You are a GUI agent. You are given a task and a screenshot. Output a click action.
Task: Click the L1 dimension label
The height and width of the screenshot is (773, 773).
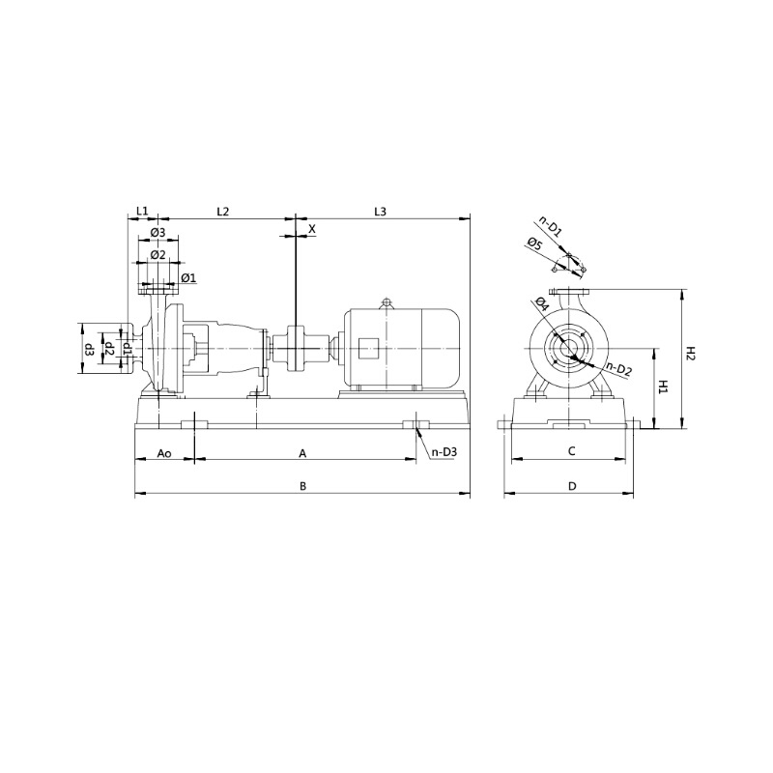(x=142, y=211)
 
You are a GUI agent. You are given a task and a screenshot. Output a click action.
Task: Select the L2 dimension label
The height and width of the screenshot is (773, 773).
(x=223, y=212)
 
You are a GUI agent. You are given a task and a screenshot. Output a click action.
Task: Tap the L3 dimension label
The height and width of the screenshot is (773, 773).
(x=380, y=212)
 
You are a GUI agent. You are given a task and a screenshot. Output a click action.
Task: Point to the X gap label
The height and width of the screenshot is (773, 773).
(x=311, y=229)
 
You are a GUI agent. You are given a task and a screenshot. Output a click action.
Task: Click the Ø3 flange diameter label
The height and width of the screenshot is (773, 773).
(x=158, y=232)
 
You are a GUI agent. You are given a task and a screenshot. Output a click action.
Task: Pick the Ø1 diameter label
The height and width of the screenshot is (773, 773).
(x=188, y=278)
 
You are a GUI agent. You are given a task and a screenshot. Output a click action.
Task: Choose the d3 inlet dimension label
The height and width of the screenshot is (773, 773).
(x=90, y=350)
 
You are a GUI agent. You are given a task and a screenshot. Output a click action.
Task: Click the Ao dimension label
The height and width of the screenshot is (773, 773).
(x=164, y=453)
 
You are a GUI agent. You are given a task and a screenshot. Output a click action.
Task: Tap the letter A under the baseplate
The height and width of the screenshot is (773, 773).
(x=302, y=453)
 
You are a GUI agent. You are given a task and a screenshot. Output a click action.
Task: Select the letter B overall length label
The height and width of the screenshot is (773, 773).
(x=303, y=487)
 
